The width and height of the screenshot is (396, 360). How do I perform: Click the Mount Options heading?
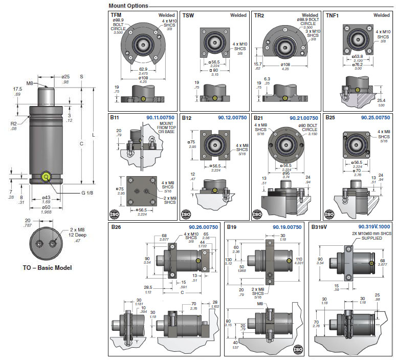coord(128,6)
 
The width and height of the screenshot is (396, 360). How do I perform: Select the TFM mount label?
coord(117,15)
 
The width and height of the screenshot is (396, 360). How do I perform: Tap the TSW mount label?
coord(188,15)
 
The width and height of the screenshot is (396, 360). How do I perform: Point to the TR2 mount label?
coord(259,15)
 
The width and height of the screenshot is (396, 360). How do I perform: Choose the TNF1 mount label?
coord(333,15)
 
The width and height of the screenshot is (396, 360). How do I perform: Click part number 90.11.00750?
coord(161,118)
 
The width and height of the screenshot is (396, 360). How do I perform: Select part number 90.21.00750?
coord(304,118)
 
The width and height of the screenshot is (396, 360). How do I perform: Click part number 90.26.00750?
coord(203,226)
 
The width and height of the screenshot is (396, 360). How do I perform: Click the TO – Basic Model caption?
coord(47,268)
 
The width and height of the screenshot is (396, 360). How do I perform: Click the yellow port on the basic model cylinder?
coord(47,178)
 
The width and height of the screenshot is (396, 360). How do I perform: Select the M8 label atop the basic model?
coord(30,82)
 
